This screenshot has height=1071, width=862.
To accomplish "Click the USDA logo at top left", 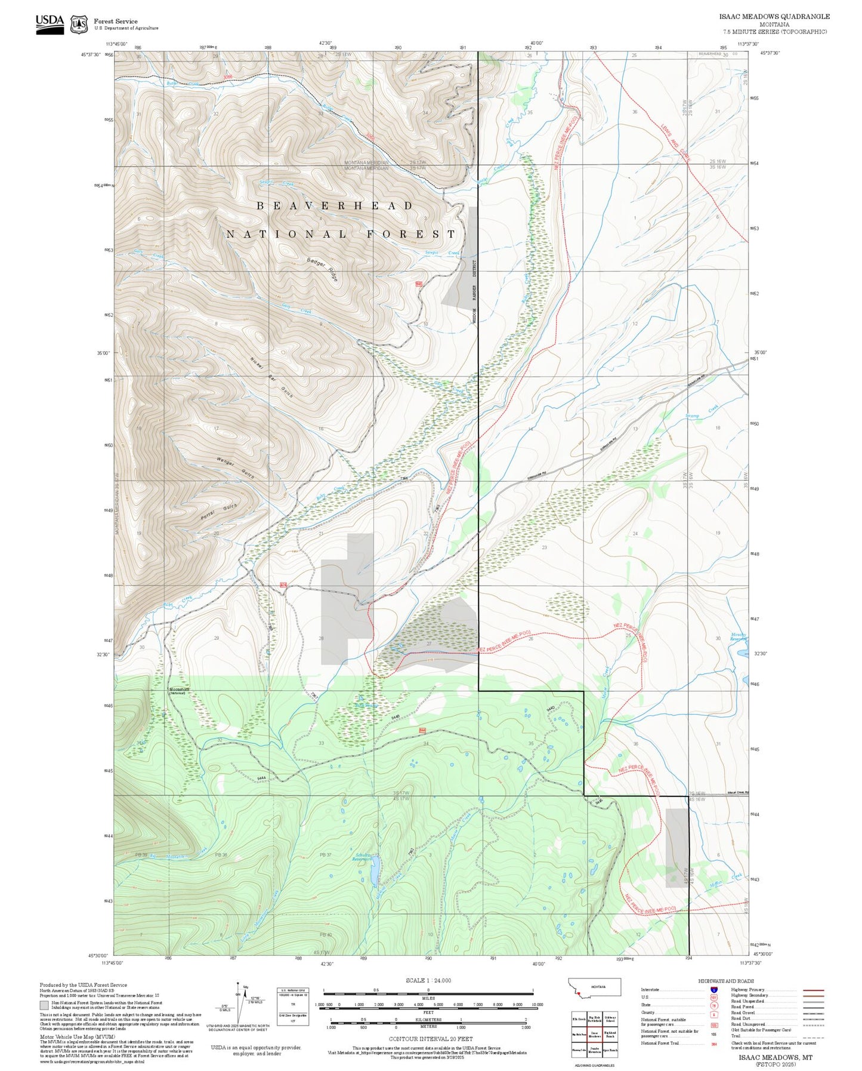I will click(50, 24).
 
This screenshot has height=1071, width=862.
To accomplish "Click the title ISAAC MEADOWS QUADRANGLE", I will click(774, 16).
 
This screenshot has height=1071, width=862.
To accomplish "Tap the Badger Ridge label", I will click(323, 269).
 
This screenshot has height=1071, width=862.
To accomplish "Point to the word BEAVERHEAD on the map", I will click(335, 206).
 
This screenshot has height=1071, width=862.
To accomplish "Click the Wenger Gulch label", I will click(236, 467).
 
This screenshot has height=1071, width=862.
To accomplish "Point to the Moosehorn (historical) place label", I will click(179, 690).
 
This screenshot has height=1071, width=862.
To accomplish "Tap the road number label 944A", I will click(261, 778).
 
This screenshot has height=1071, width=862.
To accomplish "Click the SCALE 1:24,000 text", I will click(428, 980).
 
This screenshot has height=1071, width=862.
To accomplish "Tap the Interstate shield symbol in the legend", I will click(714, 990).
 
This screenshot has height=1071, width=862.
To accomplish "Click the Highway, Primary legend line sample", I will click(814, 990).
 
